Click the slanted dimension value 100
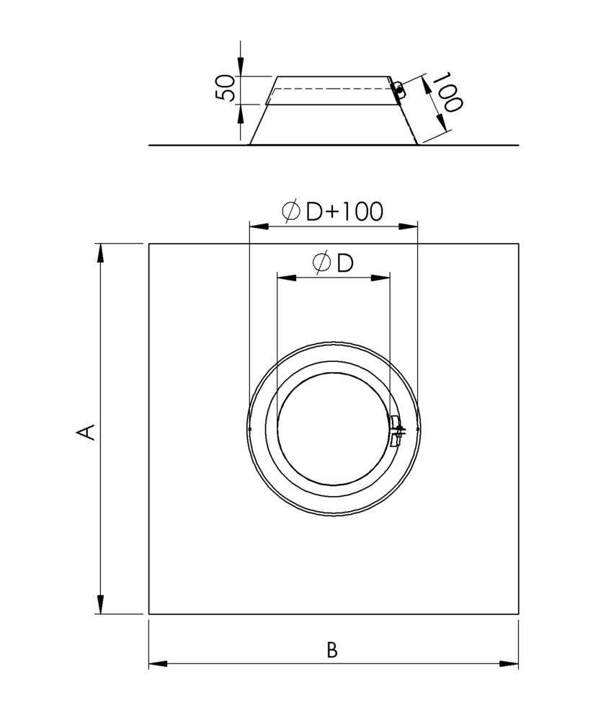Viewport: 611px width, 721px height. click(x=447, y=92)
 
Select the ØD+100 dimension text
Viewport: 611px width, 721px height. click(x=333, y=211)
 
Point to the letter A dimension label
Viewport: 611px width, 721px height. click(x=86, y=430)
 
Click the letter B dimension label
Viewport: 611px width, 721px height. click(x=331, y=650)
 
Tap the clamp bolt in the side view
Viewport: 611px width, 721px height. click(x=397, y=88)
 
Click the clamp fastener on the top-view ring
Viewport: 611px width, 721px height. click(x=397, y=431)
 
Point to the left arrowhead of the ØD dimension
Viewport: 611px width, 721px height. click(x=285, y=277)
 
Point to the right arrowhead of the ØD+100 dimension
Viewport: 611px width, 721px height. click(x=409, y=226)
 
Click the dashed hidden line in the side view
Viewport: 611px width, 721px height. click(x=331, y=89)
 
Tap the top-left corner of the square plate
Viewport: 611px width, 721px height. click(x=149, y=244)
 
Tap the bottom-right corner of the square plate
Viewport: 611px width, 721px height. click(x=518, y=614)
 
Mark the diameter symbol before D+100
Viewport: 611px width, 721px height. click(x=291, y=211)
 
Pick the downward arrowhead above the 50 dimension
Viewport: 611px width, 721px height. click(x=240, y=68)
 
